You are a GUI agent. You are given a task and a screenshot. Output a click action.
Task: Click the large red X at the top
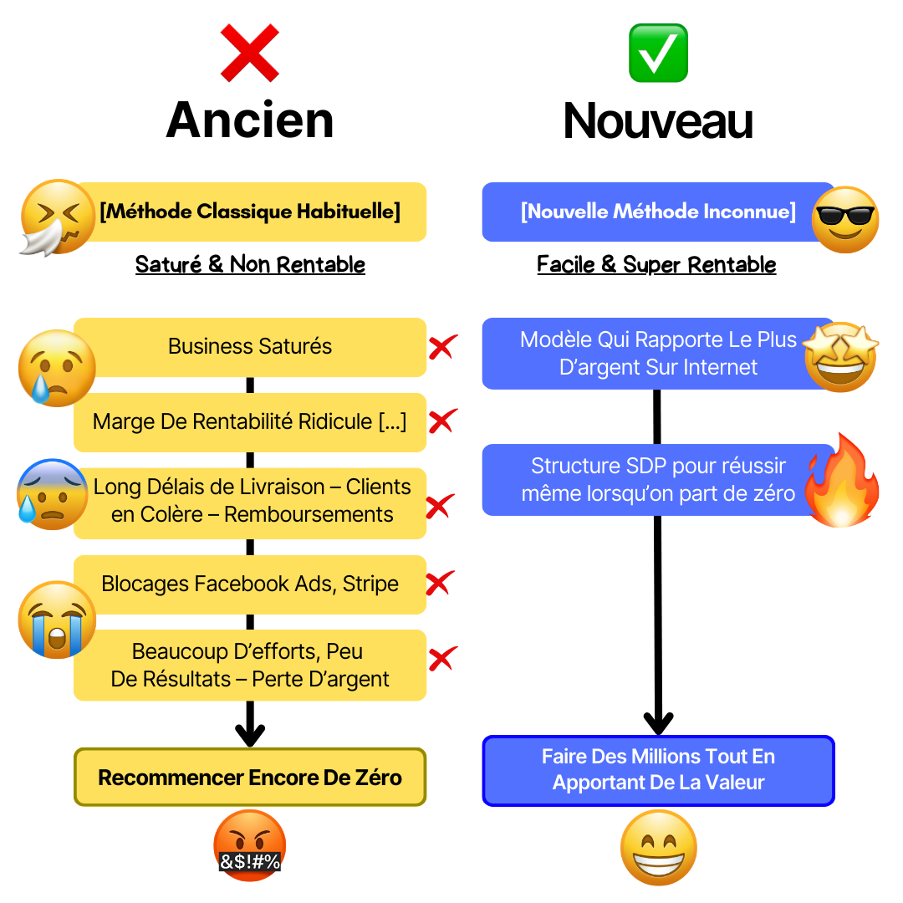pyautogui.click(x=249, y=53)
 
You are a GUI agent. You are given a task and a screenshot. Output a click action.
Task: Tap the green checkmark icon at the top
pyautogui.click(x=658, y=53)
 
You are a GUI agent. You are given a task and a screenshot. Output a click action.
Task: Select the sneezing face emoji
pyautogui.click(x=57, y=216)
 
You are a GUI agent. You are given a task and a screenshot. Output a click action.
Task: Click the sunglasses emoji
pyautogui.click(x=844, y=219)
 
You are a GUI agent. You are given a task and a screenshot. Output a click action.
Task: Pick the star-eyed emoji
pyautogui.click(x=841, y=356)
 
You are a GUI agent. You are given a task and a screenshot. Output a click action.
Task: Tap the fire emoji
pyautogui.click(x=843, y=483)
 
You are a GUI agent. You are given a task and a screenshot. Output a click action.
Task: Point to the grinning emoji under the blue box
pyautogui.click(x=658, y=846)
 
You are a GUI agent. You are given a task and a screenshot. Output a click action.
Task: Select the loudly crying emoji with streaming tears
pyautogui.click(x=57, y=619)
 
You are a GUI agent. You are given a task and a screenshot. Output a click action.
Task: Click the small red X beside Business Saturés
pyautogui.click(x=442, y=347)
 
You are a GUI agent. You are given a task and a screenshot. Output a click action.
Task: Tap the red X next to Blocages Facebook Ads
pyautogui.click(x=441, y=582)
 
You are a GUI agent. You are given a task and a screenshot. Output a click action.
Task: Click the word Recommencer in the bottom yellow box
pyautogui.click(x=171, y=778)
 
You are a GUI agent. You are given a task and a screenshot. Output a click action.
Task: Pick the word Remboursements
pyautogui.click(x=309, y=513)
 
